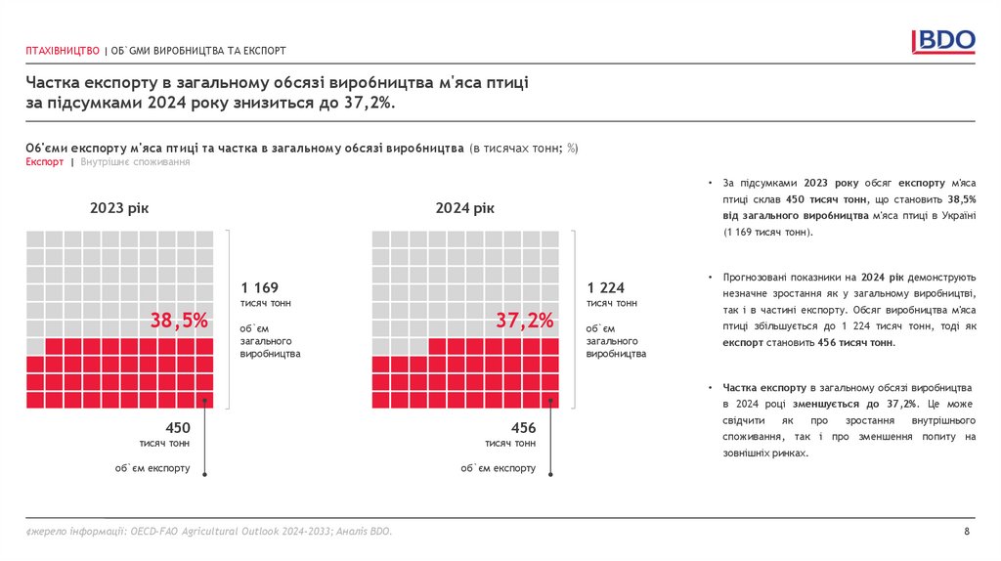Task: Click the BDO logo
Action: point(943,41)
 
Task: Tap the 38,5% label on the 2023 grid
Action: point(180,320)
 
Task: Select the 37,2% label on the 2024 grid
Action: point(525,320)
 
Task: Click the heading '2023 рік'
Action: point(119,208)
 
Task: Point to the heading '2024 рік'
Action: point(465,208)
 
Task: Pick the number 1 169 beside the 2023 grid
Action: point(259,287)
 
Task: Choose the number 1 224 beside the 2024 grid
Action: point(605,287)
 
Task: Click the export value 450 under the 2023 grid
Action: point(178,427)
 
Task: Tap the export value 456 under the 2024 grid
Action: point(524,427)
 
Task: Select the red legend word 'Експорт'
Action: point(45,162)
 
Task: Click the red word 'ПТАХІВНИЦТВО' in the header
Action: point(63,51)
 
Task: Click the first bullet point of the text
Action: point(711,183)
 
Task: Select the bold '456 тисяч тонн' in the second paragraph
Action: point(855,344)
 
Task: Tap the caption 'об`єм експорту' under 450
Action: point(152,468)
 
